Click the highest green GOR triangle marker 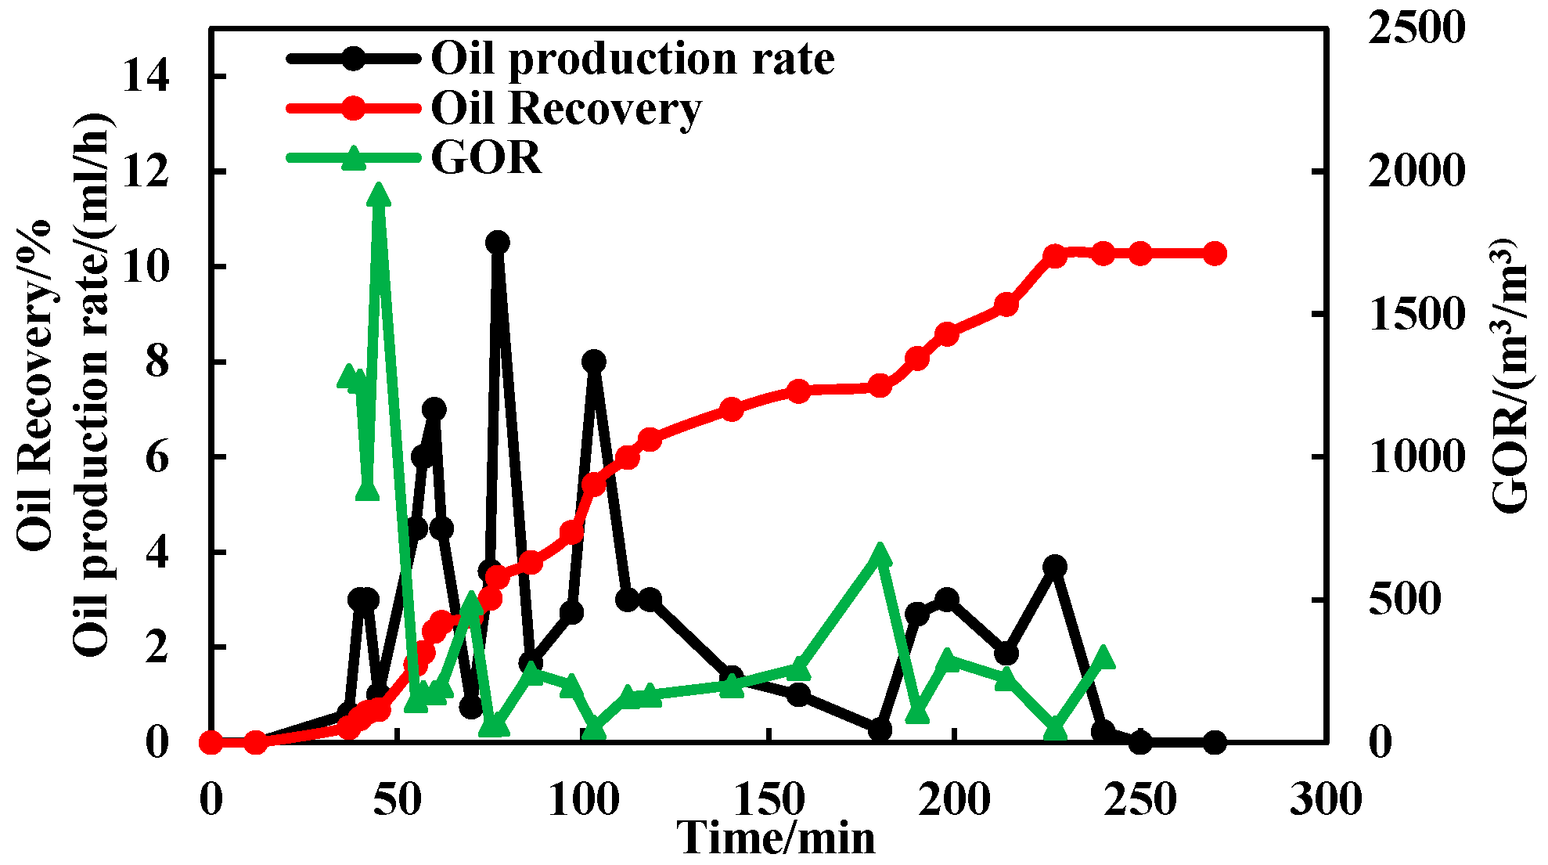point(380,194)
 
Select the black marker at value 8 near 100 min point(594,362)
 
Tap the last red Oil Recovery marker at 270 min point(1215,254)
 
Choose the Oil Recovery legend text point(566,108)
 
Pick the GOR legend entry point(486,157)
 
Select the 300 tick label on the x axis point(1326,800)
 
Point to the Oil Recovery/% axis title point(34,384)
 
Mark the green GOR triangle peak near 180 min point(880,553)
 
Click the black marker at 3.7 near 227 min point(1055,566)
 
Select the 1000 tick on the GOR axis point(1415,456)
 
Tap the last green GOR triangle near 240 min point(1103,657)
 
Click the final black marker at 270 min point(1215,742)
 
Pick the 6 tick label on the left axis point(157,457)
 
